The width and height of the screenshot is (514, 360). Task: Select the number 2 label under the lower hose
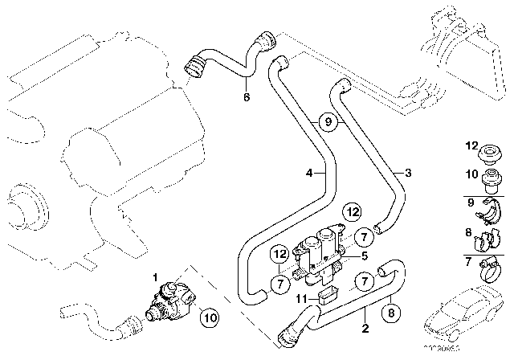click(x=365, y=329)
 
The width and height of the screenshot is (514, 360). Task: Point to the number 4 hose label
click(x=308, y=172)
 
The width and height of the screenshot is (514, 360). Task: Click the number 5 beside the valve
click(x=364, y=256)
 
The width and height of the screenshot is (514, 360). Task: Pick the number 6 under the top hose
click(x=247, y=97)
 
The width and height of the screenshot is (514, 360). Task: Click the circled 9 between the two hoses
click(x=326, y=122)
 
